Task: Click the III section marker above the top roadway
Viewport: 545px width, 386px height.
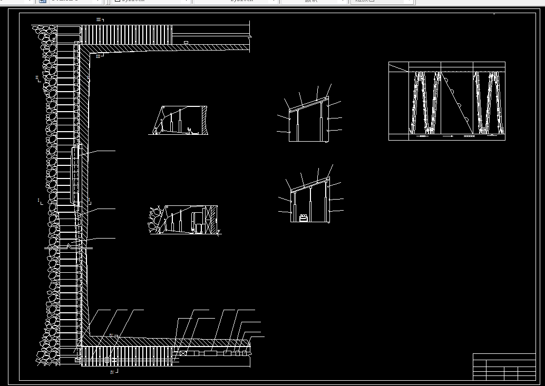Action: click(99, 19)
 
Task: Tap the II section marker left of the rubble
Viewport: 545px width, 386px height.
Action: click(37, 78)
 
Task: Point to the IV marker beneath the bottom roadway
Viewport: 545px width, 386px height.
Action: click(112, 372)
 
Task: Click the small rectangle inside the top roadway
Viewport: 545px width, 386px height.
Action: click(186, 42)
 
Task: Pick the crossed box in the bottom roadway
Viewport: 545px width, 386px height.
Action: click(182, 353)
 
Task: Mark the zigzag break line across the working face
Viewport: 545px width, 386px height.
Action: click(69, 246)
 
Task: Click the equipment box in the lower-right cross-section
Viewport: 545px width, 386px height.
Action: click(304, 217)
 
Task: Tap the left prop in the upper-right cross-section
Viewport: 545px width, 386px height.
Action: click(299, 130)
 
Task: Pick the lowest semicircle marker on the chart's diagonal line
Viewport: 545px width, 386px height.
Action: click(466, 121)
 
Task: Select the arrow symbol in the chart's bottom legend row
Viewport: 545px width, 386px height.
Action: click(448, 136)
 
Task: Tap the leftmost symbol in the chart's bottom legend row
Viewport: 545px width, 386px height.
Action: click(422, 136)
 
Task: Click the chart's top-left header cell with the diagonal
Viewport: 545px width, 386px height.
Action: click(398, 67)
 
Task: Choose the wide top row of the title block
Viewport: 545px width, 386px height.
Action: click(504, 357)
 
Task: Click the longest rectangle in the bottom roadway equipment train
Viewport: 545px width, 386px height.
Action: click(214, 353)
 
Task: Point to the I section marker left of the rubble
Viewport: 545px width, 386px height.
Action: click(40, 201)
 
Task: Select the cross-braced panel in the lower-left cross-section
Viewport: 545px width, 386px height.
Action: click(212, 219)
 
